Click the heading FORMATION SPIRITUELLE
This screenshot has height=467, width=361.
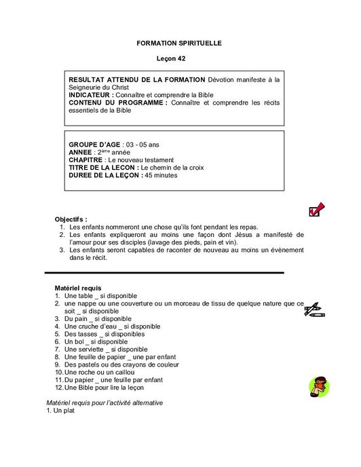pyautogui.click(x=179, y=43)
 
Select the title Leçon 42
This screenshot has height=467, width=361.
pyautogui.click(x=179, y=59)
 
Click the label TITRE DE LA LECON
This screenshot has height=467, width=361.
pyautogui.click(x=103, y=167)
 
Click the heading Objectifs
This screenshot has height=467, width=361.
pyautogui.click(x=71, y=219)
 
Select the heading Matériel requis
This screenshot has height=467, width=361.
pyautogui.click(x=78, y=288)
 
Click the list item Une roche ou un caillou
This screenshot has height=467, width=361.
pyautogui.click(x=99, y=372)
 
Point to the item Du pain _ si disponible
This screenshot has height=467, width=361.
pyautogui.click(x=98, y=319)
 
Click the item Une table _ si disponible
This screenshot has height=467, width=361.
pyautogui.click(x=100, y=296)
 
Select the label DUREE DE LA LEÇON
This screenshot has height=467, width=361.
pyautogui.click(x=105, y=175)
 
